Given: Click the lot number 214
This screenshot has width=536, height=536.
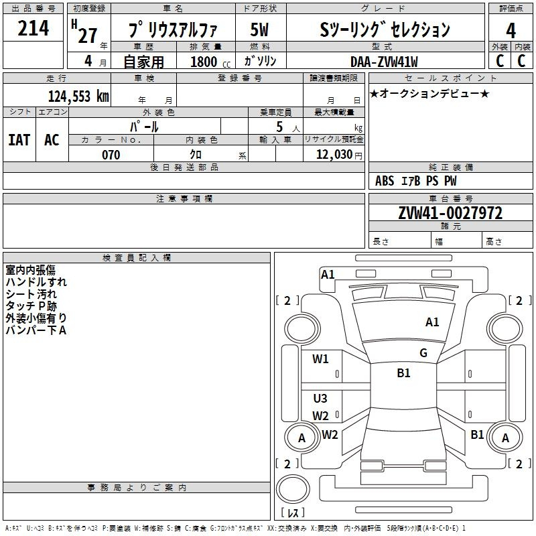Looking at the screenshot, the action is (33, 28).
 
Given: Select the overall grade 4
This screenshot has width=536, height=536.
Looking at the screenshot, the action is (511, 30).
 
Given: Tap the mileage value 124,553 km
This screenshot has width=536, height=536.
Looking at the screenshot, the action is (78, 96).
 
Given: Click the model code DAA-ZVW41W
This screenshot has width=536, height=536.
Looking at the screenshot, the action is (384, 62).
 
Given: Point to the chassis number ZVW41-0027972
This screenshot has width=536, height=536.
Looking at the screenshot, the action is (450, 213).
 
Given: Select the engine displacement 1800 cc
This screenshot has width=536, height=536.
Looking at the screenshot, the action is (210, 62).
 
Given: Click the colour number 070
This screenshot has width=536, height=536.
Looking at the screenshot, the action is (111, 155).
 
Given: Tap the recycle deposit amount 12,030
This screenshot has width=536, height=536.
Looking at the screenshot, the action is (334, 155).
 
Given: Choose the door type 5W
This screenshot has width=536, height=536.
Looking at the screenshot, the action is (259, 29).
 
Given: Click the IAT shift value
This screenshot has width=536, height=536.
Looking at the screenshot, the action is (19, 140).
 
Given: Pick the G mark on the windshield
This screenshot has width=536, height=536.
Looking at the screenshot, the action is (423, 353).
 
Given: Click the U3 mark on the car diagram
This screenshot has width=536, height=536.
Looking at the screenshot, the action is (320, 398).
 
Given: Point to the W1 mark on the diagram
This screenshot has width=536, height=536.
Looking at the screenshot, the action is (320, 359).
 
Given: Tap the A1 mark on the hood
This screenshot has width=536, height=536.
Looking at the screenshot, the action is (432, 322).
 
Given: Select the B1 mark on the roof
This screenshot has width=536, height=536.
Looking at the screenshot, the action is (404, 373).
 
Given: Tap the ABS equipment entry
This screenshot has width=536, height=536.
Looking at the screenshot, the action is (385, 181).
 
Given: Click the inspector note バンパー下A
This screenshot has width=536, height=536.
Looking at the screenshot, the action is (36, 330).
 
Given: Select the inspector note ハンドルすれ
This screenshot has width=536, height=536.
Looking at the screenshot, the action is (36, 282).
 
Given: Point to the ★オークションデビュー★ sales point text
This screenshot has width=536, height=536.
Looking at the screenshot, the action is (429, 93).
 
